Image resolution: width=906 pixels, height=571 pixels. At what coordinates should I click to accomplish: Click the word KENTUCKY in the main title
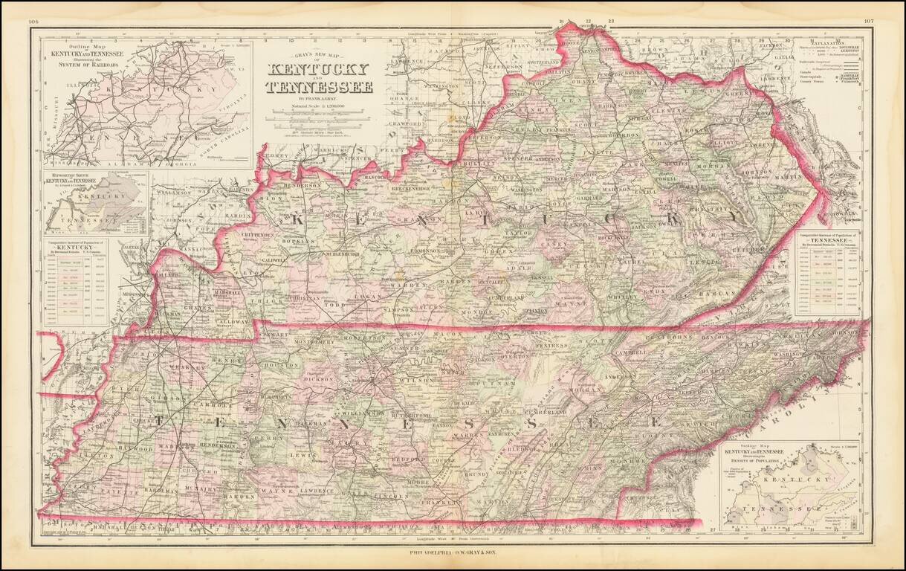coord(320,70)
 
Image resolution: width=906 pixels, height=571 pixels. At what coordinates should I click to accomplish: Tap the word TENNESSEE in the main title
coord(320,87)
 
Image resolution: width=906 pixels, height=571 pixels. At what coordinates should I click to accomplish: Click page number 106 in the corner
coord(33,22)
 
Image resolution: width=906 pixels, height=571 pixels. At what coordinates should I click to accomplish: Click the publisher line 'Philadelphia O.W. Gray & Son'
coord(452,552)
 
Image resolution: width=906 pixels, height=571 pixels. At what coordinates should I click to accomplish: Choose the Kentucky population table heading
coord(74,245)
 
